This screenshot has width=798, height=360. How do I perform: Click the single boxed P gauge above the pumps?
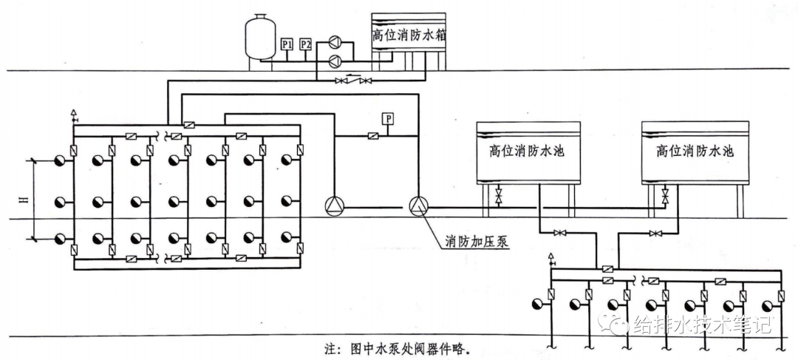pos(387,118)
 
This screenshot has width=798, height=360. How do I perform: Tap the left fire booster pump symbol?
pos(335,206)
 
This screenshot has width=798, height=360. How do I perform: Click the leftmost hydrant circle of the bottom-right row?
pos(537,303)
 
